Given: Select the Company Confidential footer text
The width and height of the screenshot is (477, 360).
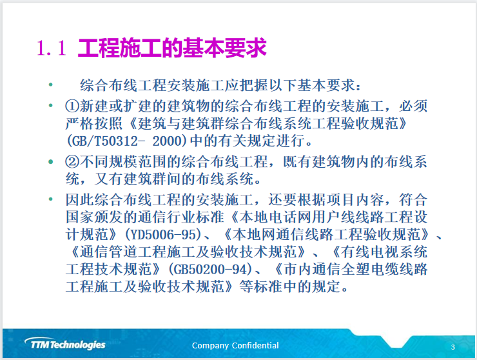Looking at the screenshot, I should (x=235, y=346).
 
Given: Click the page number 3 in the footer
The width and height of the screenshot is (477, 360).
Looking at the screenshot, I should (x=453, y=347).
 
